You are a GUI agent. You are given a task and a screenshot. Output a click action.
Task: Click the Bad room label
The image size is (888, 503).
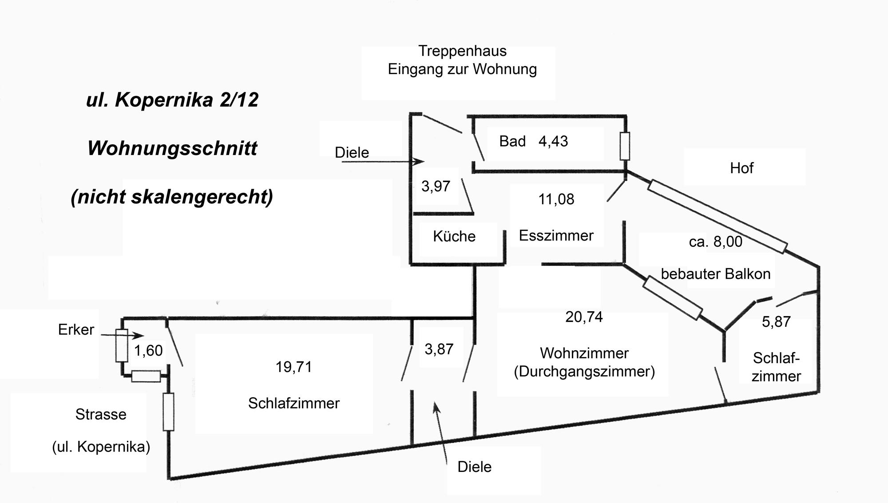click(512, 141)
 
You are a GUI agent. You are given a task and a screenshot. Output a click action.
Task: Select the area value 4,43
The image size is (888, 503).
click(553, 141)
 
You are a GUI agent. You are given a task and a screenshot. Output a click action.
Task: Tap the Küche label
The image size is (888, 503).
click(454, 236)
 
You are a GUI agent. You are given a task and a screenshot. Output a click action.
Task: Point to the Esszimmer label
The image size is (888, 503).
click(556, 235)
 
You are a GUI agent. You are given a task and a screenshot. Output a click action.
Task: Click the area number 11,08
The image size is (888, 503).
click(556, 199)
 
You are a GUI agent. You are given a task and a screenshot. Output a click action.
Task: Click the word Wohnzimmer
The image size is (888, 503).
click(584, 353)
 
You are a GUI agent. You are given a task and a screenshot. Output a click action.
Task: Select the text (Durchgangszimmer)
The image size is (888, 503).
click(584, 372)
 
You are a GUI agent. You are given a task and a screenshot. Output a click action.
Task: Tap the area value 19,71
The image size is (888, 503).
click(293, 367)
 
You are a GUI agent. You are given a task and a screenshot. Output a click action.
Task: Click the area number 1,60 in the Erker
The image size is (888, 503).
click(148, 351)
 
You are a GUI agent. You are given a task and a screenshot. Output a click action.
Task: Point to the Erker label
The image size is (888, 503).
click(76, 329)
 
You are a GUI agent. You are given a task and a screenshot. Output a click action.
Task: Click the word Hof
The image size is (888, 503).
click(741, 168)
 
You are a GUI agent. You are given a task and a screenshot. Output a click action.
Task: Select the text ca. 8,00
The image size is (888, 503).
click(715, 242)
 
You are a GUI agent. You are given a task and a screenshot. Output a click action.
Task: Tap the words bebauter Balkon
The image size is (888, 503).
click(715, 274)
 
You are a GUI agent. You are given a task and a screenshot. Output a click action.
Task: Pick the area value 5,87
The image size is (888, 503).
click(776, 321)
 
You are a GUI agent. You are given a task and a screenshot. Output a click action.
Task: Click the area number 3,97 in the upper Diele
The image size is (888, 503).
click(436, 186)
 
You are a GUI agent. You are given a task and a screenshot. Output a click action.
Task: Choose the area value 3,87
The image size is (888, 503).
click(439, 349)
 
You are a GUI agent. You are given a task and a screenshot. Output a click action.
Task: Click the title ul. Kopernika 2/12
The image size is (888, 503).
click(172, 99)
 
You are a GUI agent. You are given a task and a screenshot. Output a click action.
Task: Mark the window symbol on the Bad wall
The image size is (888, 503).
click(624, 146)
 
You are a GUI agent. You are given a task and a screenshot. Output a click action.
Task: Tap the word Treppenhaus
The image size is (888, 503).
click(462, 51)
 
